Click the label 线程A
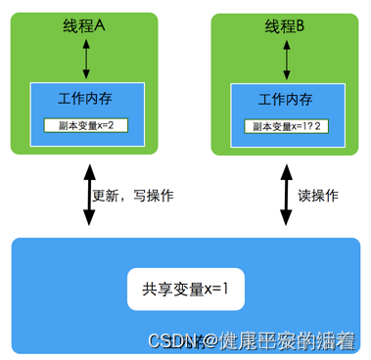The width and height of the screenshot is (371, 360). tap(85, 28)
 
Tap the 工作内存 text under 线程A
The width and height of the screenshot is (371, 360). tap(86, 99)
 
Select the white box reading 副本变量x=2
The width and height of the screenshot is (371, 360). tap(86, 125)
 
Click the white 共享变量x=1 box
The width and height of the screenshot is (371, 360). tap(185, 289)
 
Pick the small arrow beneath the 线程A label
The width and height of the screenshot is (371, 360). tap(85, 60)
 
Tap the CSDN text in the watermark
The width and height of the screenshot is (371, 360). tap(167, 340)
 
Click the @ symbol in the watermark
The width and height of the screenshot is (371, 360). tap(203, 340)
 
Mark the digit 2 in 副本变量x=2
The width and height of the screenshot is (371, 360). tap(123, 125)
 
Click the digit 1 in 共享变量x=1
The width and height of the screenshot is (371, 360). tap(225, 289)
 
